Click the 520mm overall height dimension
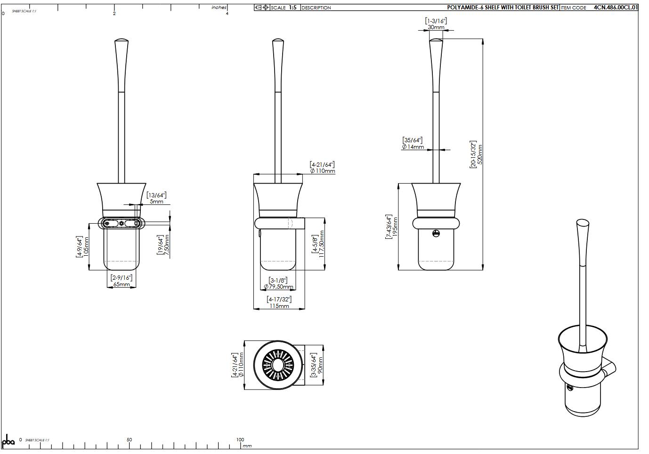[x=480, y=154]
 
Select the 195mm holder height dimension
[x=395, y=227]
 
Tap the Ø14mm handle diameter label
[x=413, y=147]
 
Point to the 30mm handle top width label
[x=436, y=27]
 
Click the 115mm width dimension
[x=279, y=306]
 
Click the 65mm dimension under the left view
[x=122, y=284]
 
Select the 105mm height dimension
[x=86, y=247]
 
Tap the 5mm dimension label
[x=156, y=202]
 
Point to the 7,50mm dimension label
[x=166, y=246]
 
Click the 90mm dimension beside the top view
[x=320, y=365]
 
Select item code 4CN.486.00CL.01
[x=615, y=8]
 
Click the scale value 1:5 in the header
[x=292, y=8]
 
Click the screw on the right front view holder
[x=436, y=233]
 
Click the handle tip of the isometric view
[x=583, y=223]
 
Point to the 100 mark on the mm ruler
[x=240, y=440]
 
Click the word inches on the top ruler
[x=219, y=8]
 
